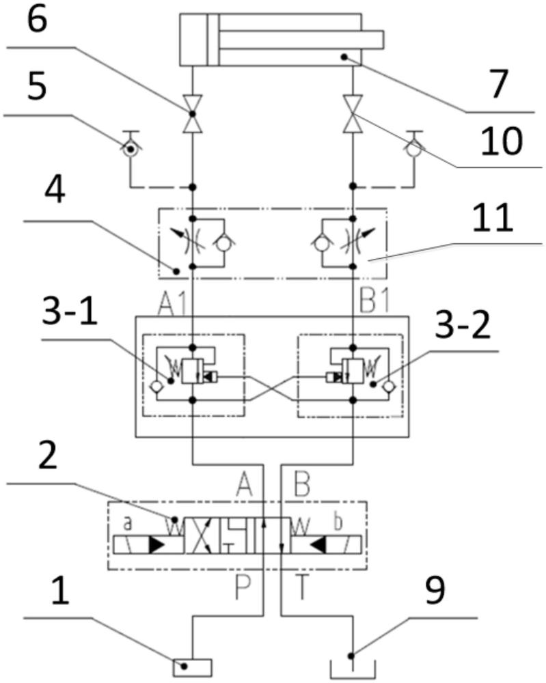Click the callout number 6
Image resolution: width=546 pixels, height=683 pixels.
37,20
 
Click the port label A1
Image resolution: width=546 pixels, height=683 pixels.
173,303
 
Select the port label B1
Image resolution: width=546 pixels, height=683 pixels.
374,301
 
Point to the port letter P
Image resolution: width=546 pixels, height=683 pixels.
243,587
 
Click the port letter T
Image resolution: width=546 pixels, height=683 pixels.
301,587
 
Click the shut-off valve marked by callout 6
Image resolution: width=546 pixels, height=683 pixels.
192,113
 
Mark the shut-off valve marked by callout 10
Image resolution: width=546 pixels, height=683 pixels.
353,113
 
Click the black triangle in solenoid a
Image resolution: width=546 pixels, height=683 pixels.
156,545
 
